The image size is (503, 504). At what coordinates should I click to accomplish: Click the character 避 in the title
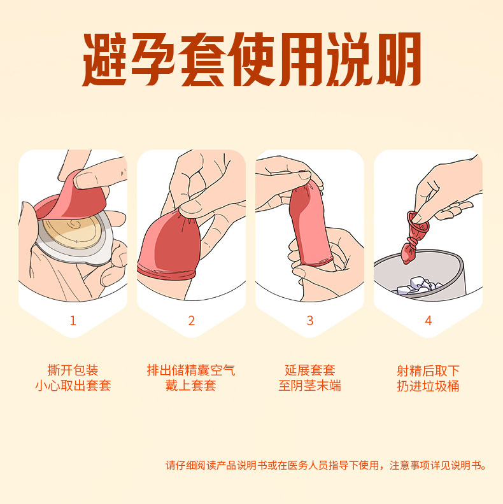[107, 62]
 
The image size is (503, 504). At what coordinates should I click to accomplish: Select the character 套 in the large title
[203, 62]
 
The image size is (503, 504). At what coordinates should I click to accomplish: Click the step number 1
[73, 321]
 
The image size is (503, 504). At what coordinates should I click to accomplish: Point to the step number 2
[191, 321]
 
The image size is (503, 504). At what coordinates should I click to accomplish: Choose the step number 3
[310, 321]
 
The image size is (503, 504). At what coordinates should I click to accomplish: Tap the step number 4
[428, 321]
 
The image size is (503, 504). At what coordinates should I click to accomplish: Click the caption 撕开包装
[73, 370]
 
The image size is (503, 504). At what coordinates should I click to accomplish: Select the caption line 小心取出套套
[73, 386]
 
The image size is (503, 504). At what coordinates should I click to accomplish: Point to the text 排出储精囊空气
[191, 370]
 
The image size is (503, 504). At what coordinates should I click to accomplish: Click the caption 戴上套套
[191, 386]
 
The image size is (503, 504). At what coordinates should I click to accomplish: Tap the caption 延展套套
[310, 370]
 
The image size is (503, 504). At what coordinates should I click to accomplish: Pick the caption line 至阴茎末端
[310, 386]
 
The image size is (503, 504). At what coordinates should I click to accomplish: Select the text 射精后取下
[428, 370]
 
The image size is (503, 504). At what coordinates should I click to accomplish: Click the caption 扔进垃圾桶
[428, 386]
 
